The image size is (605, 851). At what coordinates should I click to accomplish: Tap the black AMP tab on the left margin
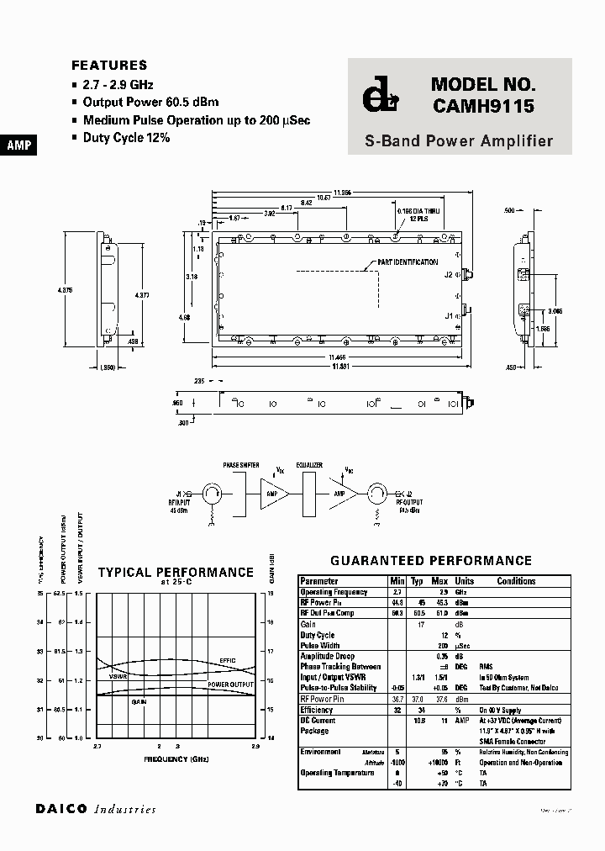[18, 145]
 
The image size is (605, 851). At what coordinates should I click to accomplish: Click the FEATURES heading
[109, 65]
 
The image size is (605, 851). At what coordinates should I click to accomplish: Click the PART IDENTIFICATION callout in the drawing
[408, 262]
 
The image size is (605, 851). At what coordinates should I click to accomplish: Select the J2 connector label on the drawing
[449, 274]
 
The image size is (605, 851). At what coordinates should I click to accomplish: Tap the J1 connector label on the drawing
[449, 315]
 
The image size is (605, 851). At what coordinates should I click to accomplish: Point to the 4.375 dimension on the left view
[66, 290]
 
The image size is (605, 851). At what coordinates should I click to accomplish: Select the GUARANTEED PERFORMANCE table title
[431, 560]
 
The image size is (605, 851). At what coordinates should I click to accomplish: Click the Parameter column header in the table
[319, 581]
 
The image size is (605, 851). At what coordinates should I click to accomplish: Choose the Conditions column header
[516, 581]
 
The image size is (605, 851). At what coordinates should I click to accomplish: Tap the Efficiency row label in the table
[318, 710]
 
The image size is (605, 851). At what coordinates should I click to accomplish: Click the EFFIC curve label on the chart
[228, 660]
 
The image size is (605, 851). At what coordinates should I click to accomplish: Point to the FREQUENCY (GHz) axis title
[176, 758]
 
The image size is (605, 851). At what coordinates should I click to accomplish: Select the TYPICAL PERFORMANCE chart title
[176, 572]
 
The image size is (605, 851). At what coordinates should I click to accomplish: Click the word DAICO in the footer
[62, 809]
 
